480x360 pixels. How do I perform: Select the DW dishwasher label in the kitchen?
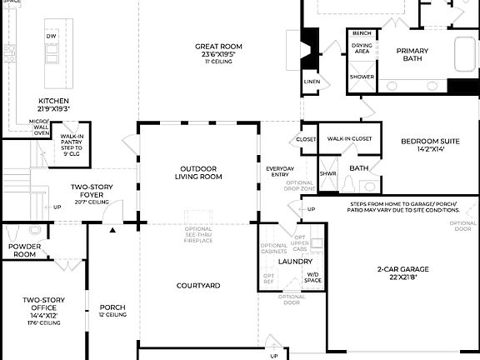[52, 37]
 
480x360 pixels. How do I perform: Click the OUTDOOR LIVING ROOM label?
[198, 172]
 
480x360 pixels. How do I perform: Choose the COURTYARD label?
[198, 286]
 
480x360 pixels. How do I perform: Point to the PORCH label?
[112, 310]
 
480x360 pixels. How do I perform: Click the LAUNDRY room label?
[295, 261]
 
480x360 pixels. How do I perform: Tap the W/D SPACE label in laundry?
[313, 277]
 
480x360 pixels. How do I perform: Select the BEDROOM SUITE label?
[429, 145]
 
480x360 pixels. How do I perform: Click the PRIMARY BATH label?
[412, 55]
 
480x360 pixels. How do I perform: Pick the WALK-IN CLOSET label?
[349, 139]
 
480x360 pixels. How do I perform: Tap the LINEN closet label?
[312, 82]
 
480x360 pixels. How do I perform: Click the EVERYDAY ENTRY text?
[280, 171]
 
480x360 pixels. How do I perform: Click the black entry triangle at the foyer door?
[112, 228]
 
